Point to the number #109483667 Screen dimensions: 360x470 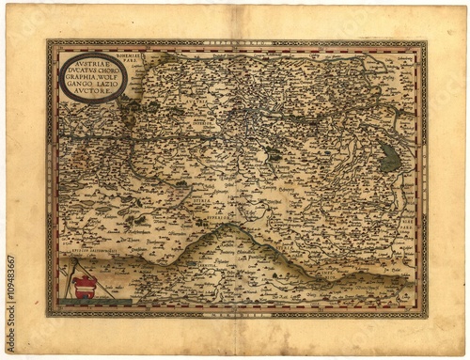[12, 282]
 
